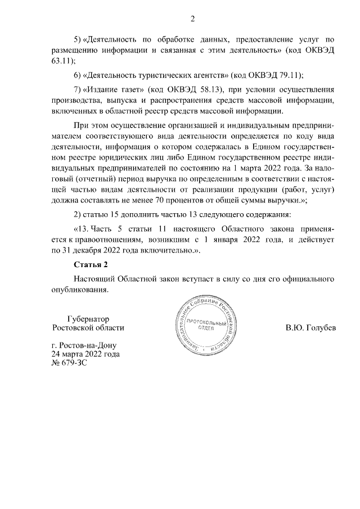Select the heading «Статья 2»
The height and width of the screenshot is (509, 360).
[x=90, y=264]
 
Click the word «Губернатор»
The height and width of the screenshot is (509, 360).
[x=88, y=318]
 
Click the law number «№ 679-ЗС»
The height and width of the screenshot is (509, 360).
[x=69, y=363]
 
